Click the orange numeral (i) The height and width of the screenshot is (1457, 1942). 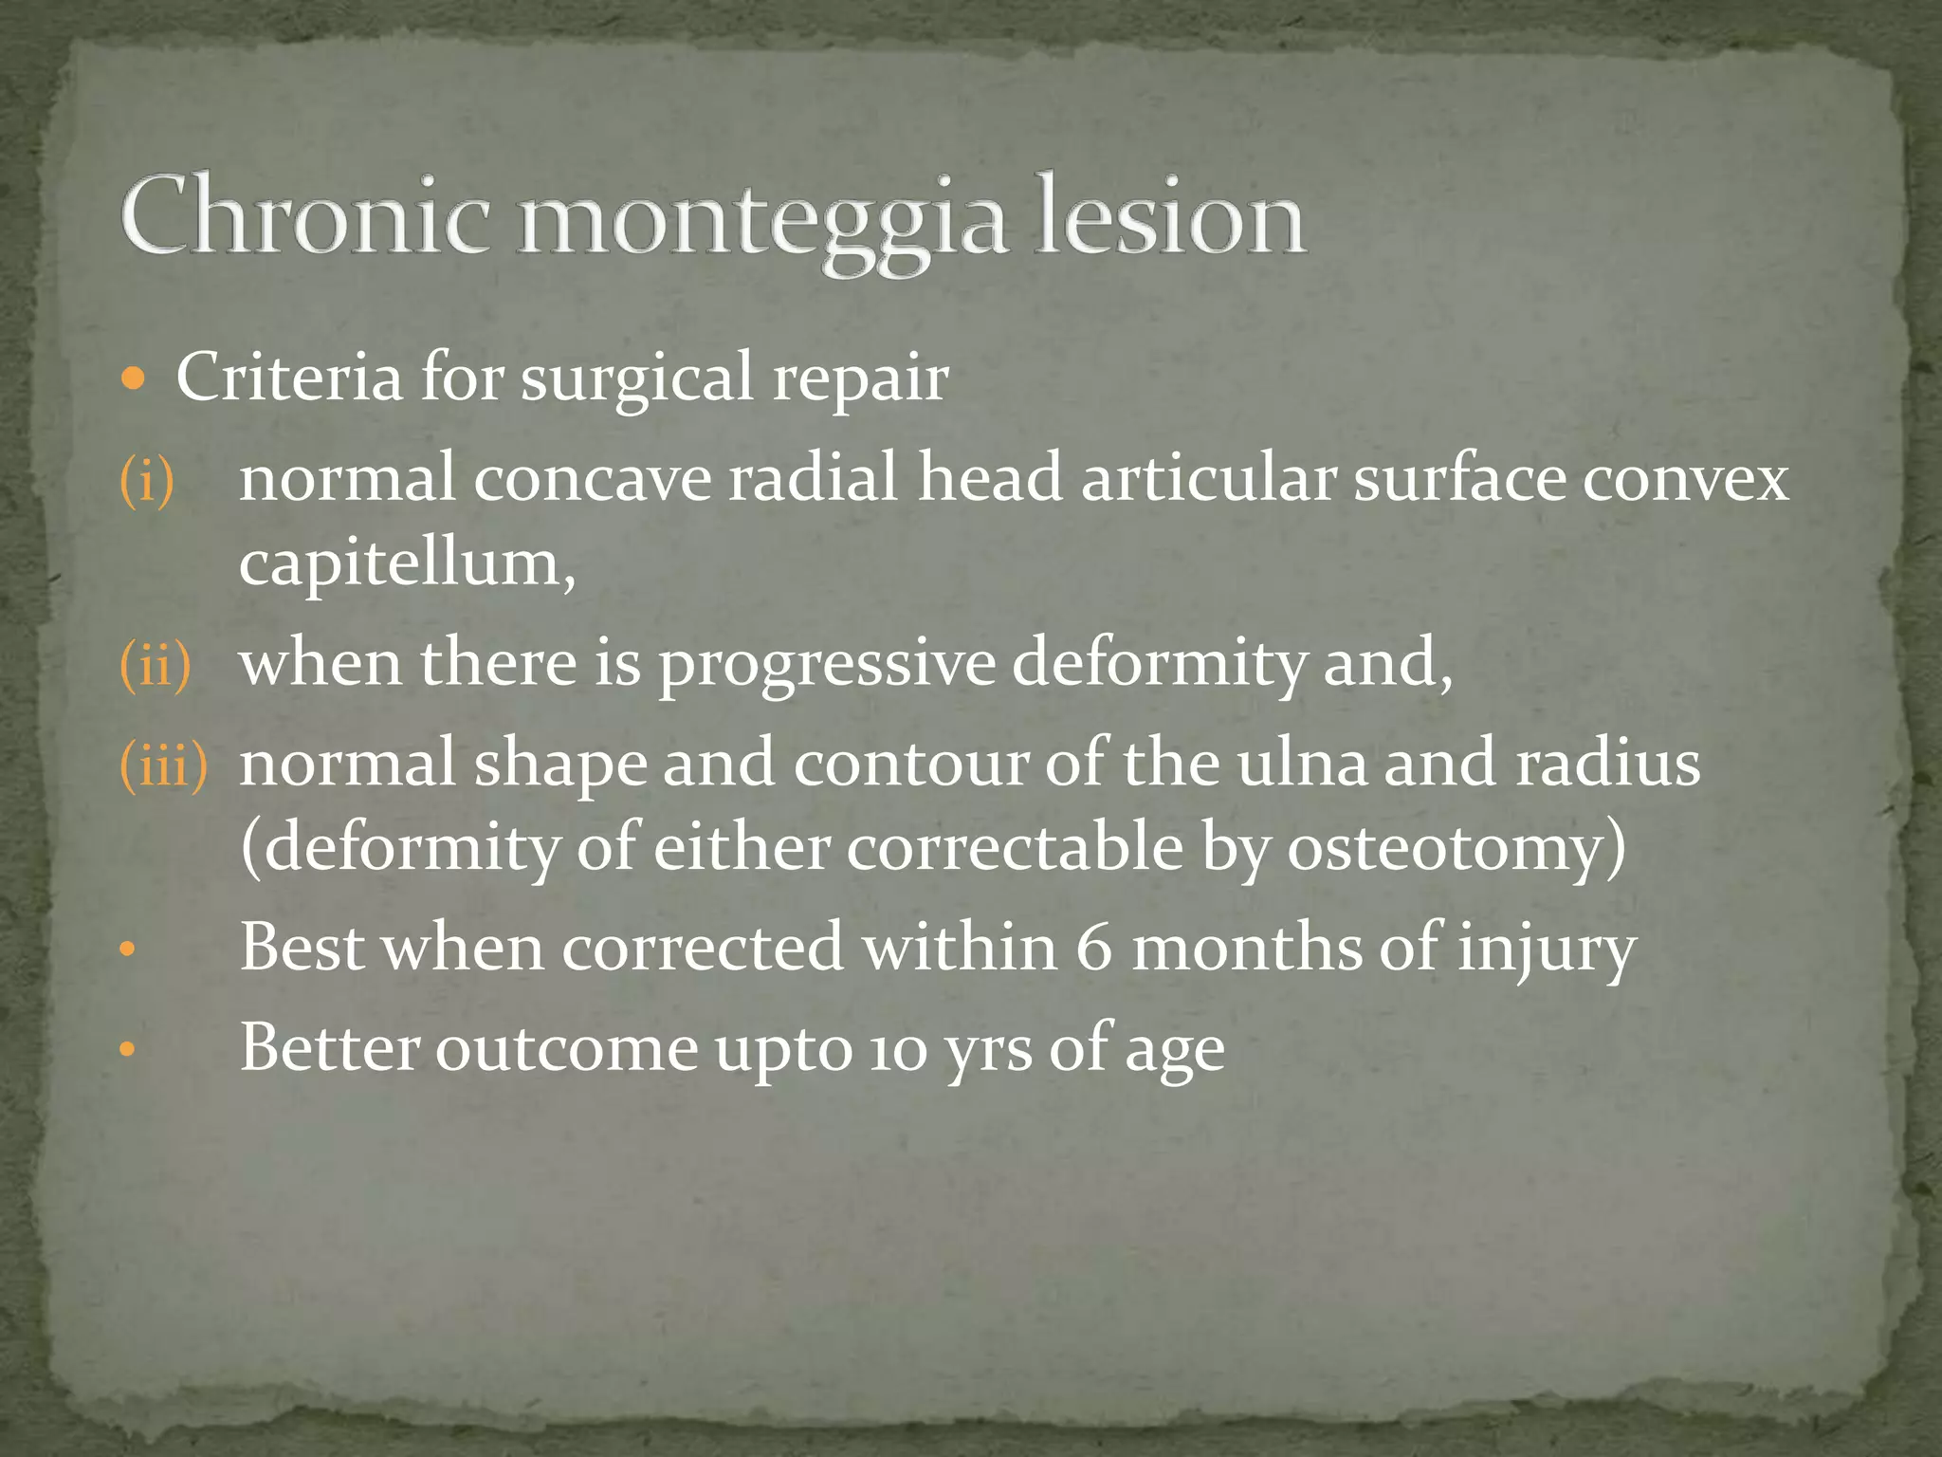147,480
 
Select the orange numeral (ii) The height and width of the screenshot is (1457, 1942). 155,664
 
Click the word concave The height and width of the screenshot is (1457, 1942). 592,478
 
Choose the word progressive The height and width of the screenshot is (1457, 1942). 827,664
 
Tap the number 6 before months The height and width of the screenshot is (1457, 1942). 1092,948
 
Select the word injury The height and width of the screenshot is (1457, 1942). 1546,950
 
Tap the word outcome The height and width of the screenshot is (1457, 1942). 566,1049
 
